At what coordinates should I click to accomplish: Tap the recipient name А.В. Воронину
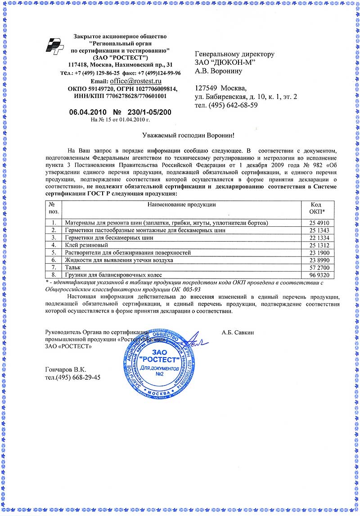coord(219,71)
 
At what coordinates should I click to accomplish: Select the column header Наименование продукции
coord(182,205)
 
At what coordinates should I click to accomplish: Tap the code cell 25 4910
coord(320,223)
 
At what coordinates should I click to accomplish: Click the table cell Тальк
coord(73,267)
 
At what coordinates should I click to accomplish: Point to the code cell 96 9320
coord(320,274)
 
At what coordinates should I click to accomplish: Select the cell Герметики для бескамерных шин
coord(109,238)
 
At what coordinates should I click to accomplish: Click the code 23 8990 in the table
coord(320,260)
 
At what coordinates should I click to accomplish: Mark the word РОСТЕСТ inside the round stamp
coord(157,360)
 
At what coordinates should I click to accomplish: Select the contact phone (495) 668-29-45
coord(76,377)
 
